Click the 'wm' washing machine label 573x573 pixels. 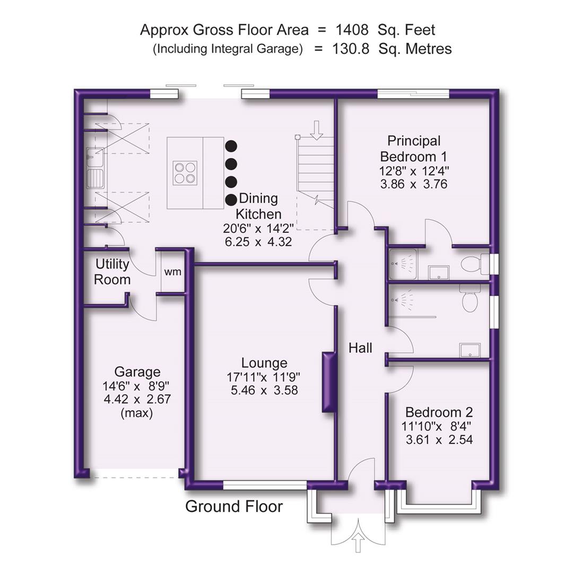point(172,272)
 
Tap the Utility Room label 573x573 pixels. point(112,272)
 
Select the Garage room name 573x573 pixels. point(137,372)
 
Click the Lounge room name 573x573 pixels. point(264,363)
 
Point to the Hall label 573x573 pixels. point(360,348)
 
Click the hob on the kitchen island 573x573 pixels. point(185,173)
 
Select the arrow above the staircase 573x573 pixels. point(317,129)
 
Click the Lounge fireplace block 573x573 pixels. point(329,382)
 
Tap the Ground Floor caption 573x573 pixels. point(234,506)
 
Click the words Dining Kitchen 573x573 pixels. point(258,206)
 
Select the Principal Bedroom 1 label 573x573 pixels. point(414,149)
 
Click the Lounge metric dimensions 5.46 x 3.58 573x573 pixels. point(264,390)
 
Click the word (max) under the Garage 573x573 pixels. point(137,413)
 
